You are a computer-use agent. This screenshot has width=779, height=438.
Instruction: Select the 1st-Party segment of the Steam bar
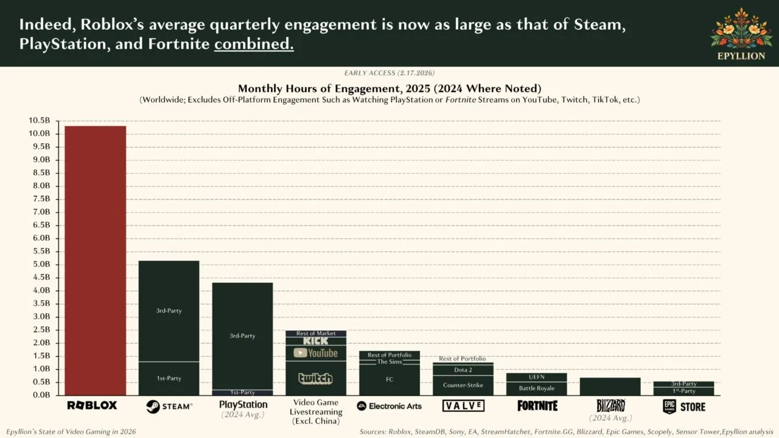pos(169,378)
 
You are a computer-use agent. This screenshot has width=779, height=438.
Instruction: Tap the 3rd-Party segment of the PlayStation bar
pos(242,336)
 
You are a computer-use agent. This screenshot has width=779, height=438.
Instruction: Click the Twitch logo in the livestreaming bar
pos(315,378)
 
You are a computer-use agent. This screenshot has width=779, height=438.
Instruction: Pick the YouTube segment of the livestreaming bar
pos(315,353)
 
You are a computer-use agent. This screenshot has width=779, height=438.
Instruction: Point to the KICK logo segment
pos(315,341)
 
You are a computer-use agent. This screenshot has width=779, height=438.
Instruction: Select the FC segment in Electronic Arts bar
pos(389,380)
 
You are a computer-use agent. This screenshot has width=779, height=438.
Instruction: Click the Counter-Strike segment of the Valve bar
pos(463,385)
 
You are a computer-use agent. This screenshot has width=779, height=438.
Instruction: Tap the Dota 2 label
pos(463,370)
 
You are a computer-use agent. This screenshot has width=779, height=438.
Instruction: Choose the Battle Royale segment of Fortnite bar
pos(536,388)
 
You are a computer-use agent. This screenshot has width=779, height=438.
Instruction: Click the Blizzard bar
pos(610,386)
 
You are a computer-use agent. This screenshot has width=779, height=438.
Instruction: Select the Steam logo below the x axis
pos(169,406)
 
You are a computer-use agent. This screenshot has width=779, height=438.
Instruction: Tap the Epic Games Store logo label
pos(683,406)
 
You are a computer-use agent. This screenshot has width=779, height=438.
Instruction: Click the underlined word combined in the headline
pos(254,45)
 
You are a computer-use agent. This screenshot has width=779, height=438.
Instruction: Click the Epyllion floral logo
pos(741,29)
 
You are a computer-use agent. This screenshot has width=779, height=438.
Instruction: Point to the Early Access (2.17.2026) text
pos(389,73)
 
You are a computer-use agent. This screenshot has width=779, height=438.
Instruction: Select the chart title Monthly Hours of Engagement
pos(389,88)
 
